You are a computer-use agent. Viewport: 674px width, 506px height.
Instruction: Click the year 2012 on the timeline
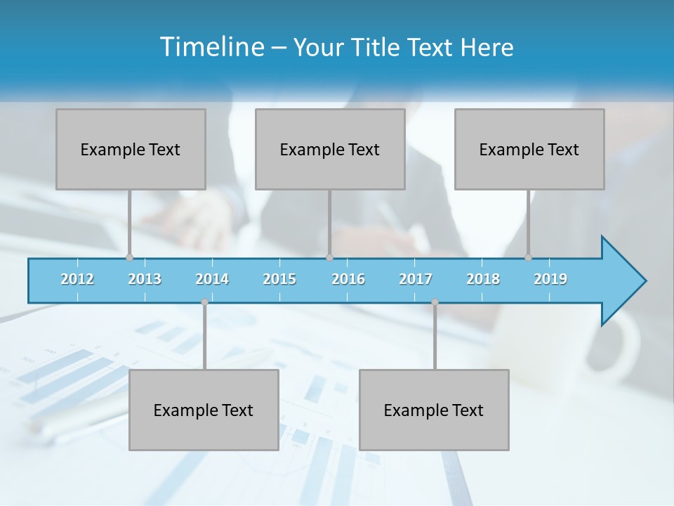click(x=77, y=279)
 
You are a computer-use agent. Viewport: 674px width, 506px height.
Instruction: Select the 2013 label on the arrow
click(x=145, y=279)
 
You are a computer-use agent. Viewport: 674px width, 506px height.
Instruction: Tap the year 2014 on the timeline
click(x=212, y=279)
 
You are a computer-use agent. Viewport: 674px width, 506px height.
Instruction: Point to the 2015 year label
click(x=279, y=279)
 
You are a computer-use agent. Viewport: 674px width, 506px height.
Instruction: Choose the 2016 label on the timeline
click(x=348, y=279)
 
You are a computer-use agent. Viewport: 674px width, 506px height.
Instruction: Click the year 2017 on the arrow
click(x=416, y=279)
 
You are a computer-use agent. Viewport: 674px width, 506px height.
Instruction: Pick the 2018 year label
click(x=483, y=279)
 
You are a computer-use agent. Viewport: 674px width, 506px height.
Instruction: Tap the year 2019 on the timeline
click(x=550, y=279)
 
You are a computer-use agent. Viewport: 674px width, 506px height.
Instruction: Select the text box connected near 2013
click(x=131, y=149)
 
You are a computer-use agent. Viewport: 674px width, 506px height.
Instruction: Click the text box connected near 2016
click(x=330, y=149)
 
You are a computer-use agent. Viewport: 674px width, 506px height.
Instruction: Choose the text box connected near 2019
click(x=529, y=149)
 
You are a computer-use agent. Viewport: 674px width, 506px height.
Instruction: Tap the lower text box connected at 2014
click(x=204, y=410)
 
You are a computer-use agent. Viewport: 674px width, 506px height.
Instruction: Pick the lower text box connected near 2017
click(x=434, y=410)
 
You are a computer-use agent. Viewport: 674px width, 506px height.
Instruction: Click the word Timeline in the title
click(x=211, y=47)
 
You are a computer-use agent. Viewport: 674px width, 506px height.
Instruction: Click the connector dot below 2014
click(x=204, y=302)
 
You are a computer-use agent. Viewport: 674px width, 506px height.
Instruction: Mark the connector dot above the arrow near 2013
click(x=129, y=257)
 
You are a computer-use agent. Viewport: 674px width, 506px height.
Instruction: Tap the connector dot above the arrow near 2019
click(x=528, y=257)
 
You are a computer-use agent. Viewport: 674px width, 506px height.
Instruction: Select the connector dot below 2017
click(x=435, y=302)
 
